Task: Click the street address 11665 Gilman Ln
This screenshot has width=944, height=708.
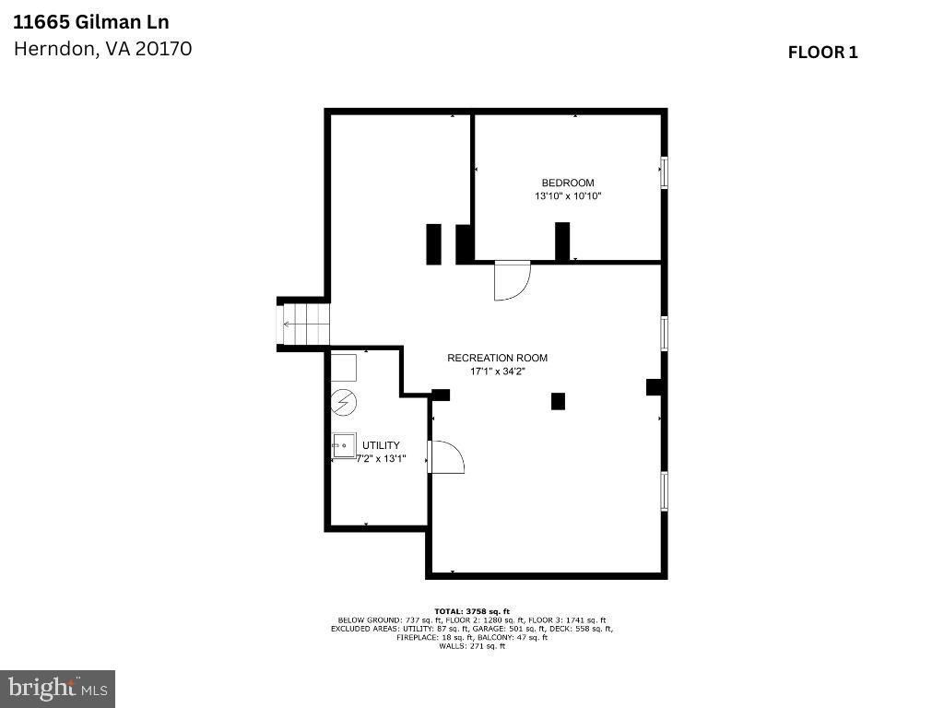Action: pos(91,21)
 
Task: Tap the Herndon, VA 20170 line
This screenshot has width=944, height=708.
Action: pos(102,49)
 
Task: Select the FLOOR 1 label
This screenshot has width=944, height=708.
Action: pos(822,53)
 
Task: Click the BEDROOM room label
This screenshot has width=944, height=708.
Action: pos(568,183)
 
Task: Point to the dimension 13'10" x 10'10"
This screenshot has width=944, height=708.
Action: pos(568,196)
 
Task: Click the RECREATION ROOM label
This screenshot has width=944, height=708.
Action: pos(497,358)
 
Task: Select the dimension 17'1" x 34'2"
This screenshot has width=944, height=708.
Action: pos(497,372)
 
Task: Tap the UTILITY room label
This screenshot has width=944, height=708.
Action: pos(381,445)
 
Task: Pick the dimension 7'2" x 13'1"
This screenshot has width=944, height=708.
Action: pos(369,458)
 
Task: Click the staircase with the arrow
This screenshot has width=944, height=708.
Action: pos(305,324)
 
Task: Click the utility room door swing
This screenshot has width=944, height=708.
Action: pos(445,456)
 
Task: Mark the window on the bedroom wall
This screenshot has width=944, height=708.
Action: pos(664,172)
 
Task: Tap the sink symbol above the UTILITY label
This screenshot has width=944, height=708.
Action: pos(345,444)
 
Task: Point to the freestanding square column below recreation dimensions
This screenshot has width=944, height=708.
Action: pos(558,401)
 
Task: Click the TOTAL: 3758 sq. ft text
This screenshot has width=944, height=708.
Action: pos(471,611)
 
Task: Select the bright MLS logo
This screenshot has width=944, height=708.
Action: pos(57,688)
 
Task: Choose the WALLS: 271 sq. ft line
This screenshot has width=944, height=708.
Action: pos(471,646)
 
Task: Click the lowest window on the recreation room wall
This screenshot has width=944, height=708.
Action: pos(664,491)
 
